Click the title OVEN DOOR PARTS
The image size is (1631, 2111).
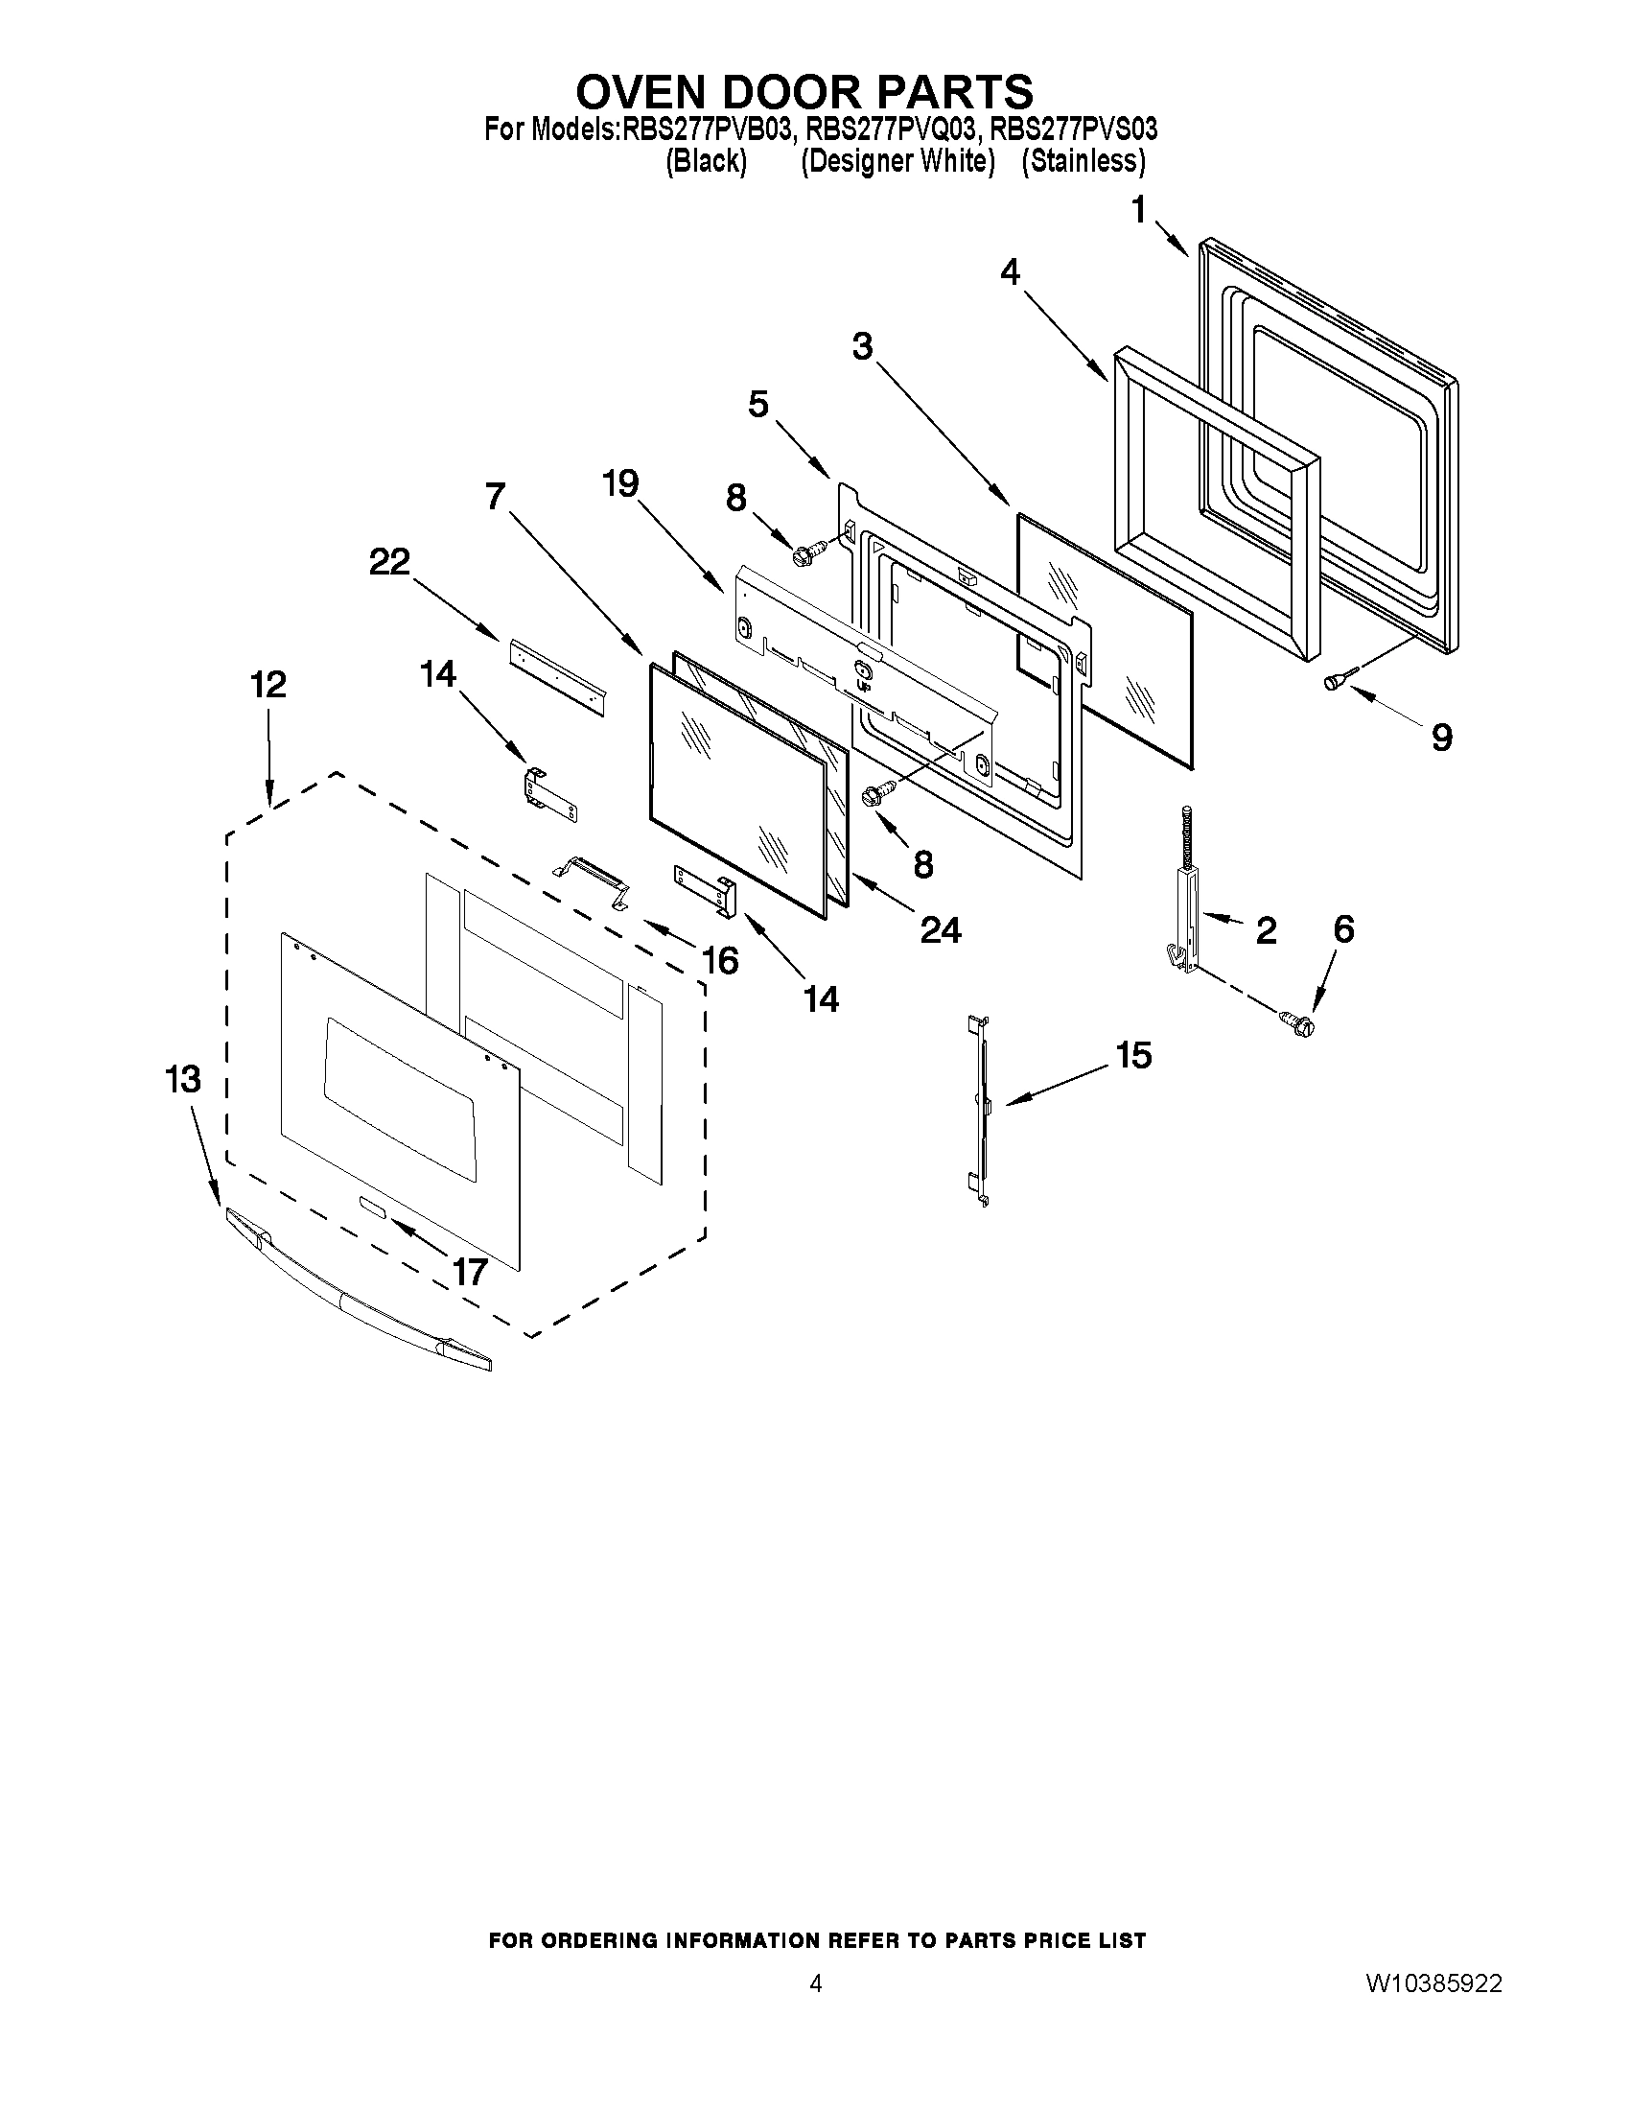[804, 92]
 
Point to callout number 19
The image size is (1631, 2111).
[620, 482]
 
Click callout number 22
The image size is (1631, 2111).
[389, 562]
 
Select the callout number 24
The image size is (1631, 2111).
[939, 929]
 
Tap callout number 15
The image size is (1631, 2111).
[1133, 1054]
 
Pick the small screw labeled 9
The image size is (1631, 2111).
[1335, 682]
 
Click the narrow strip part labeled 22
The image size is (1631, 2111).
[556, 675]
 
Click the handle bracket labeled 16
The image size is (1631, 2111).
[592, 877]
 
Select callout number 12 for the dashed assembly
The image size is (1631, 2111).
[268, 685]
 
